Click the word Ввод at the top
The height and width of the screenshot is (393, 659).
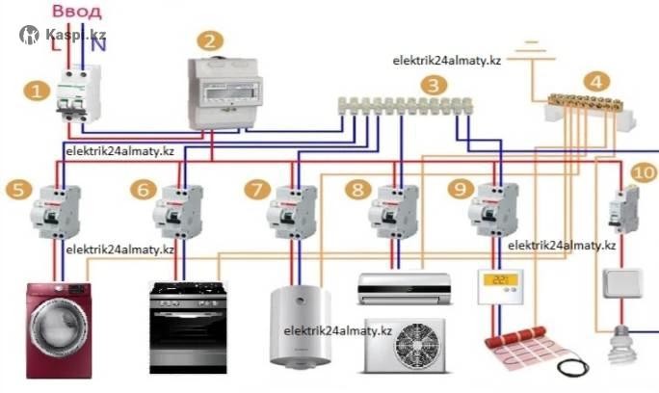77,11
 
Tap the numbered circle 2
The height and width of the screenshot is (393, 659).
210,40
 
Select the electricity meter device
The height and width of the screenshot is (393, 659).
224,92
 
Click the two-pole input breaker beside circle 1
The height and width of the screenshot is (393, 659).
78,93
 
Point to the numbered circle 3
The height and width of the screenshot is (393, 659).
434,86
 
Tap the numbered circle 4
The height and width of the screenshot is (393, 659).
596,81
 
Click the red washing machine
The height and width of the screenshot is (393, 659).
59,330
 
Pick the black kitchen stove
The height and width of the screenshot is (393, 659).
188,327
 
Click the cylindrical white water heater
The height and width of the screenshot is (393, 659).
300,327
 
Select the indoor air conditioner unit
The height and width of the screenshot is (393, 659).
405,288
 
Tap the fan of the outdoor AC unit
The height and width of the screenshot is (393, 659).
418,346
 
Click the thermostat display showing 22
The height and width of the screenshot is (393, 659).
501,279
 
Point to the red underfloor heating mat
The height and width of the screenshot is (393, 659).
531,348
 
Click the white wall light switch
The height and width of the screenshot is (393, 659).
622,283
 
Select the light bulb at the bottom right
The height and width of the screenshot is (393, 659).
622,345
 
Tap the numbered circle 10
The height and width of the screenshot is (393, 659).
644,172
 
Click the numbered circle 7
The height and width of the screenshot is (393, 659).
257,190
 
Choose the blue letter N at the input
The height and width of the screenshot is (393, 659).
98,44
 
